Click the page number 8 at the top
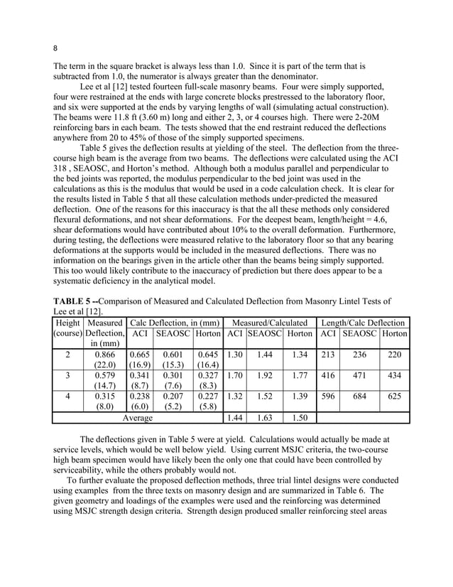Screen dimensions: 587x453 click(55, 48)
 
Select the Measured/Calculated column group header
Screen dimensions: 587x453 click(269, 323)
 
